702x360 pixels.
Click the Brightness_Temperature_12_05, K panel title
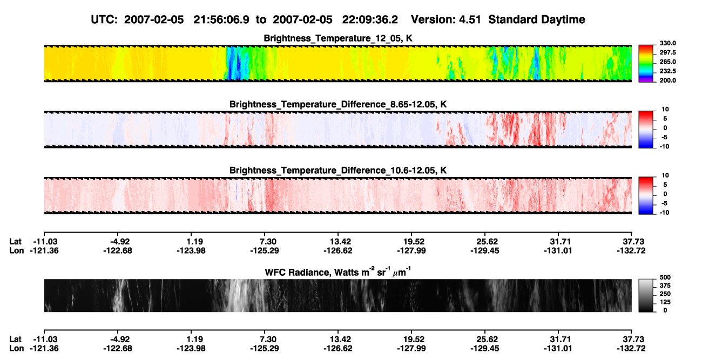click(338, 38)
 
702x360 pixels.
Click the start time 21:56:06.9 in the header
click(221, 20)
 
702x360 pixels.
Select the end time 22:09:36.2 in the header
click(370, 20)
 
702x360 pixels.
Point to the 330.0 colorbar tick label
click(667, 43)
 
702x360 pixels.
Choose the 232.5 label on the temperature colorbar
click(667, 71)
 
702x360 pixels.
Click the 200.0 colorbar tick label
click(667, 80)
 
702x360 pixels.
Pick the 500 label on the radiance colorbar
click(665, 277)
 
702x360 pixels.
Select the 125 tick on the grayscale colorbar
click(665, 302)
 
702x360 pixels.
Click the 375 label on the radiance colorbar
click(665, 286)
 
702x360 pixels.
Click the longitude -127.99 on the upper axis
click(411, 250)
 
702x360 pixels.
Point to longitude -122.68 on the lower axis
click(118, 349)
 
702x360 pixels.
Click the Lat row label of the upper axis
click(15, 242)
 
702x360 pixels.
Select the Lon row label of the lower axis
click(16, 349)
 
